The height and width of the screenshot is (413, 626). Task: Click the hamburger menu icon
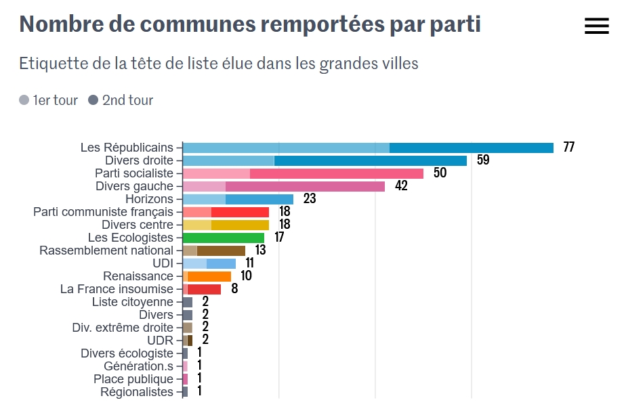[596, 26]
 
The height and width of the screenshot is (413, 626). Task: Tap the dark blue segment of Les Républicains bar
[472, 148]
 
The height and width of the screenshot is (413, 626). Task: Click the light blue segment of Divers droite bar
[228, 160]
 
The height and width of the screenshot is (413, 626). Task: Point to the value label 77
[568, 148]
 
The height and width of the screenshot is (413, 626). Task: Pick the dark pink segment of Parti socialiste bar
[337, 173]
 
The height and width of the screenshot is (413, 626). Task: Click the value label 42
[401, 186]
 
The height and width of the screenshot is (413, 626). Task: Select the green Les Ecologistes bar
[224, 238]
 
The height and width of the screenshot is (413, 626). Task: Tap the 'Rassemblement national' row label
[106, 251]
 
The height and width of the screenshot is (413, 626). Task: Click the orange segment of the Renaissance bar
[209, 276]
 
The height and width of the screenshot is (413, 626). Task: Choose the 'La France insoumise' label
[117, 289]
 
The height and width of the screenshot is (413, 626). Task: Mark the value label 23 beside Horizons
[310, 199]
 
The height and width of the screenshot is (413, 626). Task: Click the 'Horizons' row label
[149, 199]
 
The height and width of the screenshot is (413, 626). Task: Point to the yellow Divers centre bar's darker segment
[240, 225]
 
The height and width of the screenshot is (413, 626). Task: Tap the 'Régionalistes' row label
[137, 392]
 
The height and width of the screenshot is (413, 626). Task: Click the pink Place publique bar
[185, 379]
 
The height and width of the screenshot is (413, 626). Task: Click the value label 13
[260, 251]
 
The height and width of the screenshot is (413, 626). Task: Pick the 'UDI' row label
[163, 263]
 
